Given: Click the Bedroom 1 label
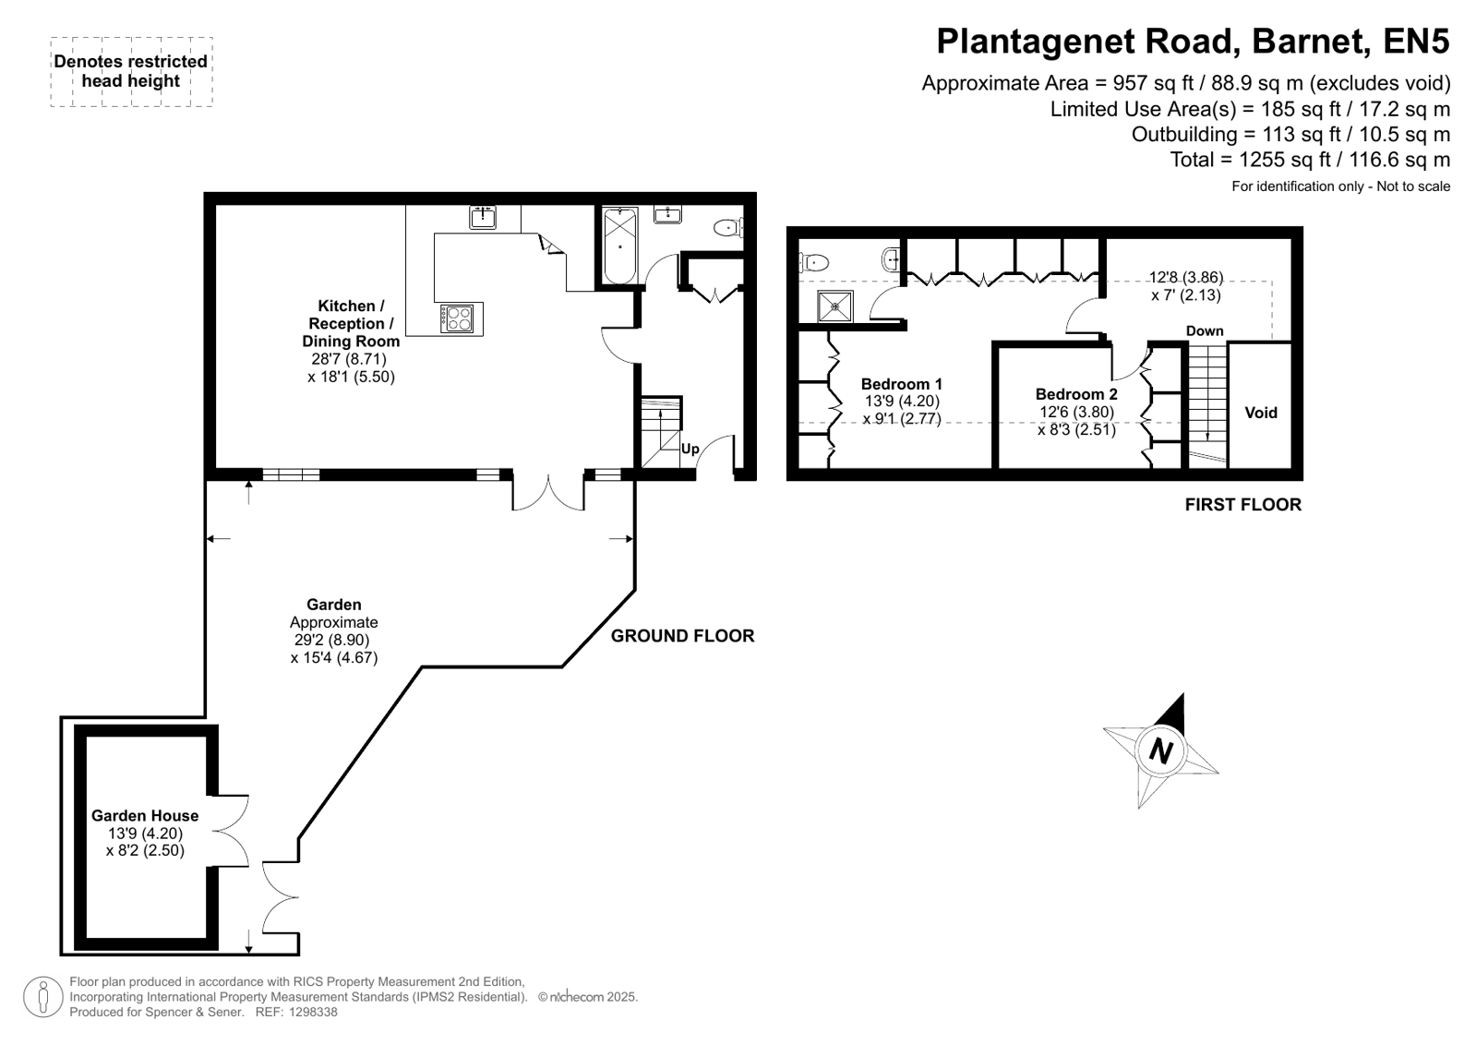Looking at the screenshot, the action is (902, 384).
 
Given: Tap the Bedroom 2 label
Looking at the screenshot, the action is (1076, 394).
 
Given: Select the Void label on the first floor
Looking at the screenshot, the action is (1261, 413).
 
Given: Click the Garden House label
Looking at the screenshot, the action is (145, 815).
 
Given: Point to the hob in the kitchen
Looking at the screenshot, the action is (457, 319).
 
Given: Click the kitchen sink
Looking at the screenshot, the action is (483, 217).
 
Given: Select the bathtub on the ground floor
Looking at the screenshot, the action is (620, 246).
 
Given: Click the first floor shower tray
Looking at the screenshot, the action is (834, 306).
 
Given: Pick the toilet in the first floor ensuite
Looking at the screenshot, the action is (814, 263).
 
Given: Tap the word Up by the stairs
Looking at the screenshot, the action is (690, 449).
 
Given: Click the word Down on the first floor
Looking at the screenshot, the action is (1205, 330).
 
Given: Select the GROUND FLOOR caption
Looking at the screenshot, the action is (683, 636).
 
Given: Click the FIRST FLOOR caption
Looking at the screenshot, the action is (1243, 505).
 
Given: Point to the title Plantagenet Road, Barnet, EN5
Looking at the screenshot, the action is (1194, 41).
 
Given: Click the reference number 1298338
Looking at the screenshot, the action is (313, 1013).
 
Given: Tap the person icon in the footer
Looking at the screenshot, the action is (42, 997).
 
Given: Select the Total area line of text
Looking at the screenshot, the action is (1310, 160).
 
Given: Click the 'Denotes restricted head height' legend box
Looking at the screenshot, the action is (132, 72).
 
